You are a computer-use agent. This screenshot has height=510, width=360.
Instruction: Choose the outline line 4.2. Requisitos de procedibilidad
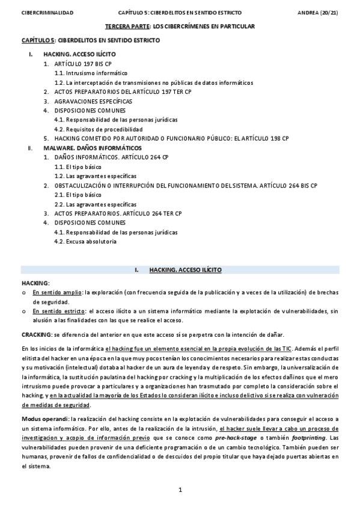98,129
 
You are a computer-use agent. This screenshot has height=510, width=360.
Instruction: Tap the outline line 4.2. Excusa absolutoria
85,241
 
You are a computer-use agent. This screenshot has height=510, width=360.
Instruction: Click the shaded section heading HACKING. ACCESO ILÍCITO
185,270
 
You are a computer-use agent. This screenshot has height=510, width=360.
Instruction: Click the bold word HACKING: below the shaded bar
35,282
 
